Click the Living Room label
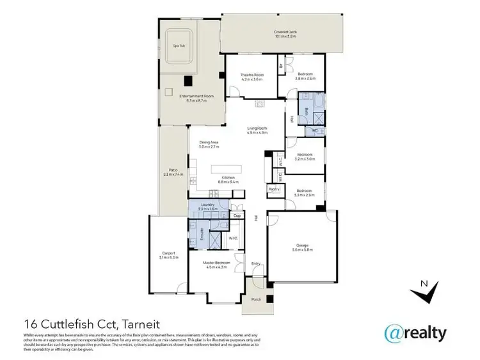(x=257, y=129)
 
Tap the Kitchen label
(x=228, y=177)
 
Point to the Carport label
(x=169, y=253)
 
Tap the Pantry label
(x=274, y=189)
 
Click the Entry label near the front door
(x=256, y=263)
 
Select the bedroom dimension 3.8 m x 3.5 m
(x=305, y=79)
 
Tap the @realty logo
(x=415, y=333)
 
